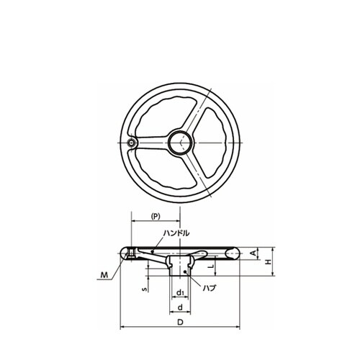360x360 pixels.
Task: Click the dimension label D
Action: point(180,322)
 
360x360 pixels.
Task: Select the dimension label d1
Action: point(180,293)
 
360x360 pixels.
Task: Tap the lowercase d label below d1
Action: point(180,307)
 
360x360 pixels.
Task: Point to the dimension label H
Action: point(269,261)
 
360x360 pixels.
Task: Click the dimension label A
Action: point(253,253)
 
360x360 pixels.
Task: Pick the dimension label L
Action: point(212,266)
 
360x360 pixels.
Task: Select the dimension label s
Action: point(144,289)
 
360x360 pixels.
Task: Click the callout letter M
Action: point(104,275)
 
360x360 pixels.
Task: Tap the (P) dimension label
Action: point(156,216)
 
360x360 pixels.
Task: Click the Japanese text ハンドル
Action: point(176,233)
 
